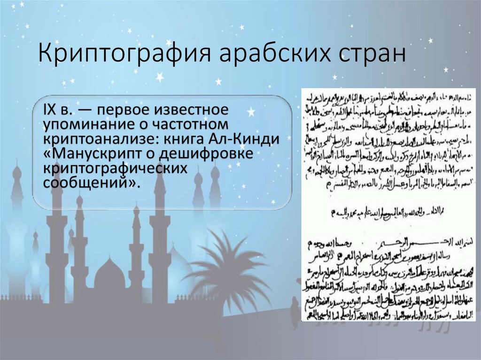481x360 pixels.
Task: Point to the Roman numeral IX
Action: point(51,112)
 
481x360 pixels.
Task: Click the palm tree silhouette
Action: point(225,272)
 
